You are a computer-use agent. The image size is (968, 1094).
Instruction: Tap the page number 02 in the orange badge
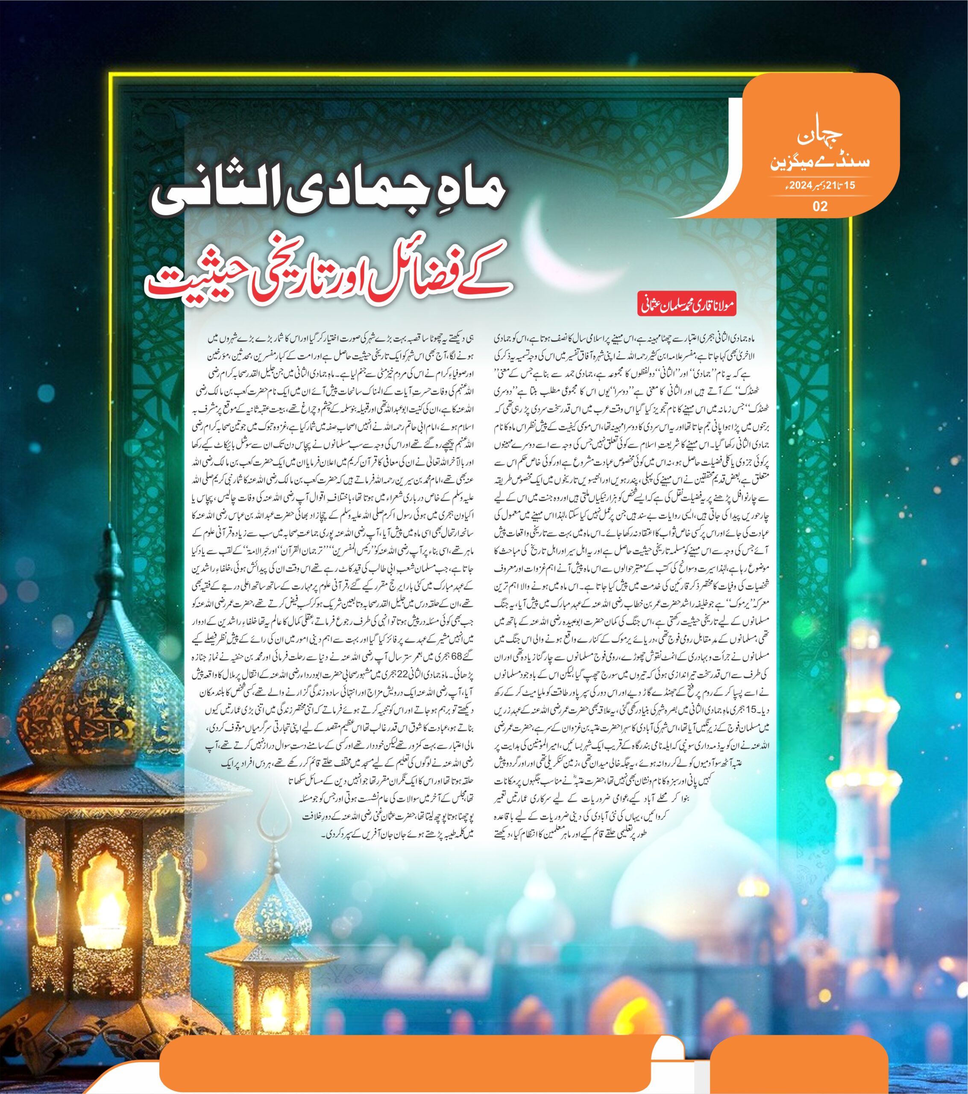820,206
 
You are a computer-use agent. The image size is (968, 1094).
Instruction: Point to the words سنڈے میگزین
819,162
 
